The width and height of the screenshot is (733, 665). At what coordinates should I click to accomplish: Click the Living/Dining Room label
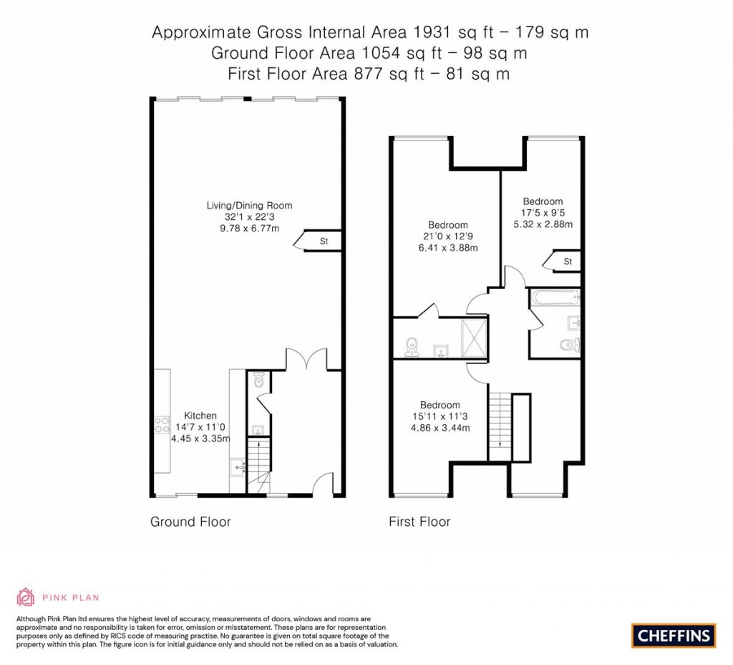[249, 206]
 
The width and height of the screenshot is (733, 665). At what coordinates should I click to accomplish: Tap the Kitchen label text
[200, 416]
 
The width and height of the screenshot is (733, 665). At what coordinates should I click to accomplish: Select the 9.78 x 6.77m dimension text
[249, 228]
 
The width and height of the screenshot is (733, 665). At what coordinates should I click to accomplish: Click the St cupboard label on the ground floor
[324, 242]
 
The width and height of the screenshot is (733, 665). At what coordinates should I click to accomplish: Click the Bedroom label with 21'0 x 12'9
[448, 225]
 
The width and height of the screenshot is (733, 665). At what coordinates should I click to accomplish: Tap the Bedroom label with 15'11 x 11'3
[440, 404]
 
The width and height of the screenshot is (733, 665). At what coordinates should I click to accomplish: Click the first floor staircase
[500, 427]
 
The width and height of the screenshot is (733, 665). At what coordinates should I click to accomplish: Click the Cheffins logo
[673, 634]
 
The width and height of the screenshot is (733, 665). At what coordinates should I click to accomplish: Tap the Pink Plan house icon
[26, 596]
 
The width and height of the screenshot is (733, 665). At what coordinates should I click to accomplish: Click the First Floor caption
[419, 522]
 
